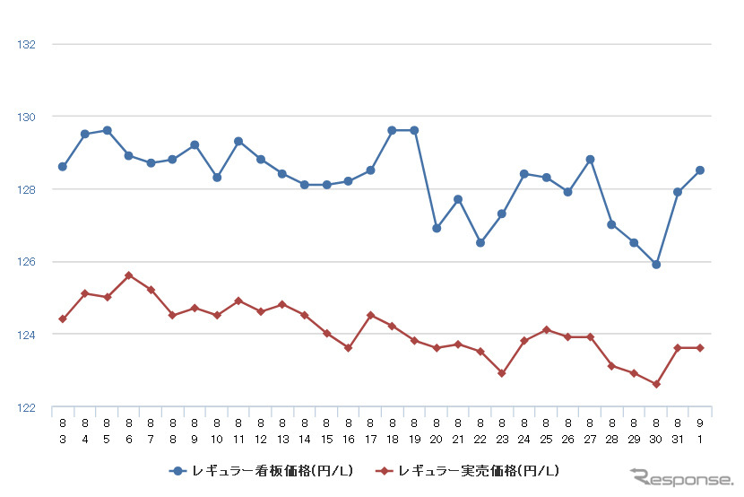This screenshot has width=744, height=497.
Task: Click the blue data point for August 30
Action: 656,265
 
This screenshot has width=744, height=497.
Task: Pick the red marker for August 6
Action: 129,275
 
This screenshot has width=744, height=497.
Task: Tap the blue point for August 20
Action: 437,228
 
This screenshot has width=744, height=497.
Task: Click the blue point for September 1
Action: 700,170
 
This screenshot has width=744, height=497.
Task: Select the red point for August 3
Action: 63,318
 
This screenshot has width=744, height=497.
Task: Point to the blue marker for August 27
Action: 590,160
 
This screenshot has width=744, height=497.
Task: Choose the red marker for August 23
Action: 502,373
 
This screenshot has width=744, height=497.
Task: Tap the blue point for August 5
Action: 107,130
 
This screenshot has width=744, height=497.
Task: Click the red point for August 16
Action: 349,348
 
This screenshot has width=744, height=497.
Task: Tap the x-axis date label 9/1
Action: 700,429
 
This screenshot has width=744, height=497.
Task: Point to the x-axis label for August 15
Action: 326,429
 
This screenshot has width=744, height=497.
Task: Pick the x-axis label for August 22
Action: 480,429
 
